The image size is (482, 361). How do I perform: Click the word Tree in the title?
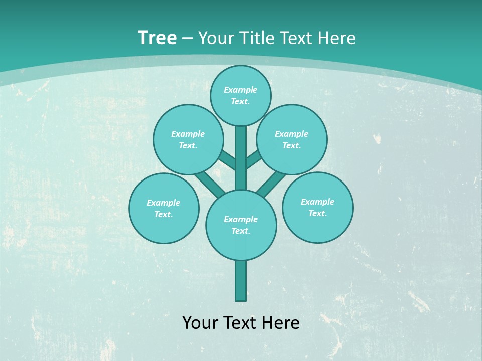(157, 38)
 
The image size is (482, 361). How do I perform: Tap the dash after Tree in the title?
(187, 38)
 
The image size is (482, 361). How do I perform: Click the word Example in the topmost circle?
(240, 90)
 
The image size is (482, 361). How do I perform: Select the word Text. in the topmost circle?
(240, 101)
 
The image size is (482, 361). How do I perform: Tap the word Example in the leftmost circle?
(163, 203)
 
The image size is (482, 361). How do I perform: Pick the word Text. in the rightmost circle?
(317, 213)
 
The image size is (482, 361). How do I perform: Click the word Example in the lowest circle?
(240, 219)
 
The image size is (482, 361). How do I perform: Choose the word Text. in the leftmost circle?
(163, 214)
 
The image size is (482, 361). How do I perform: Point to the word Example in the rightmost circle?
(317, 202)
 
